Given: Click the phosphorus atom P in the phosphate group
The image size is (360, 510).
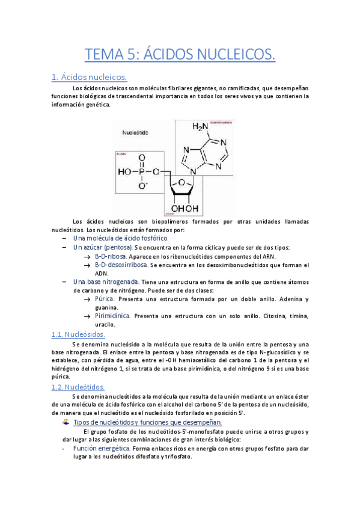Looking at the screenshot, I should (142, 172).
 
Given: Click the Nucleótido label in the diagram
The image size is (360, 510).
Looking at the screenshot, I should (136, 132).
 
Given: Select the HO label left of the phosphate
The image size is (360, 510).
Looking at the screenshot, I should (124, 172).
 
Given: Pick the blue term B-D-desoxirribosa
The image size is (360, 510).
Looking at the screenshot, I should (121, 265).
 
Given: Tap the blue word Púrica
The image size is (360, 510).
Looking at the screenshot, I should (105, 299).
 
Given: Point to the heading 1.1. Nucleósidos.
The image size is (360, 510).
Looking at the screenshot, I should (78, 334).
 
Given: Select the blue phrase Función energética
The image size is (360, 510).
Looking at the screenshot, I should (102, 448).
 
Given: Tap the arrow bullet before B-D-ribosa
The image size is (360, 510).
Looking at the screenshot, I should (88, 256).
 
